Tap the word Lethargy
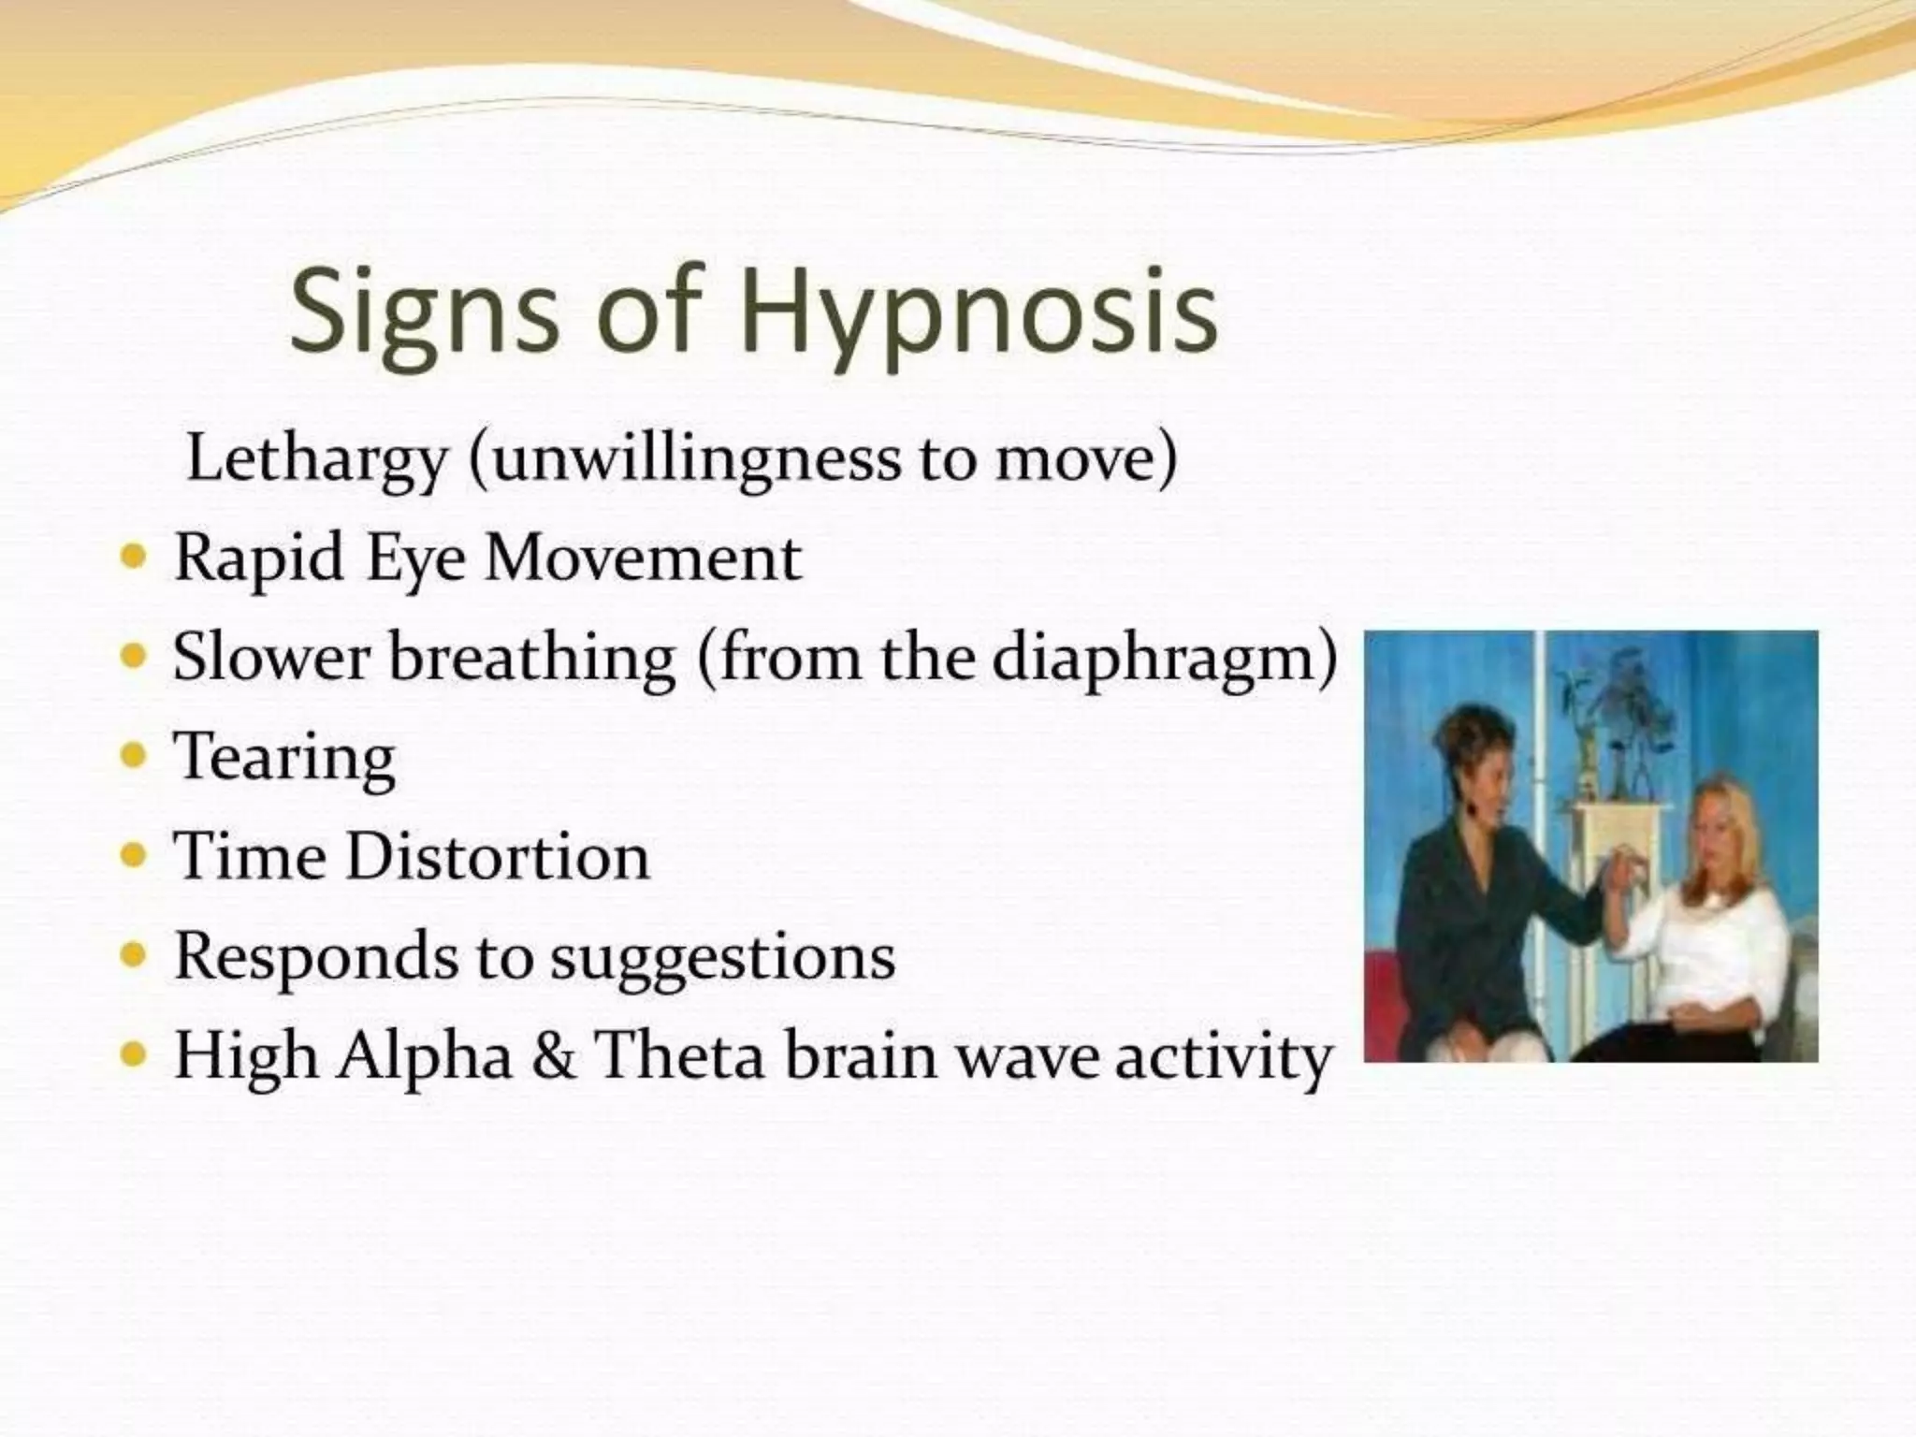coord(316,460)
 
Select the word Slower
coord(271,657)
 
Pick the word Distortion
coord(497,857)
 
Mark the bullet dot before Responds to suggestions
coord(136,955)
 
